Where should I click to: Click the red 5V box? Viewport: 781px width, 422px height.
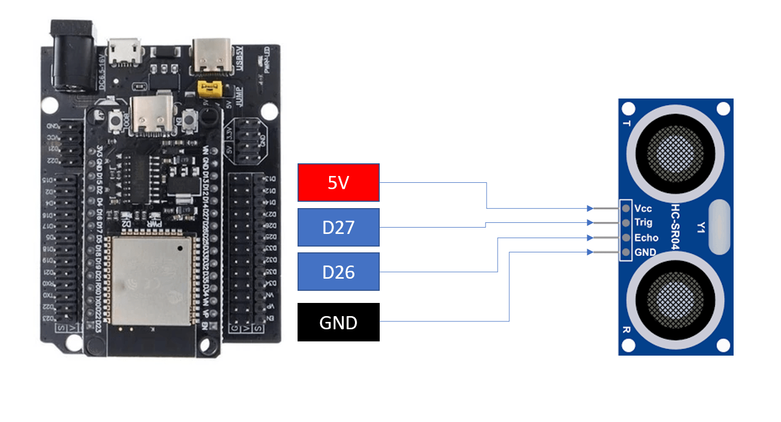[x=339, y=182]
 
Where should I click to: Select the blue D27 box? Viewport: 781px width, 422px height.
[x=339, y=228]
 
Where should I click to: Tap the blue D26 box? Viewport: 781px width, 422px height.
[x=339, y=272]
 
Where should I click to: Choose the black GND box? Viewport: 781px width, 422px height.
[x=339, y=322]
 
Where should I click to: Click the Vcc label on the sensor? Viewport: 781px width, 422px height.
[x=643, y=209]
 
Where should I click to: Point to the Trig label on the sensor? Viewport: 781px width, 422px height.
[x=644, y=223]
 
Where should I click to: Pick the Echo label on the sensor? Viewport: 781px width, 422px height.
[x=646, y=238]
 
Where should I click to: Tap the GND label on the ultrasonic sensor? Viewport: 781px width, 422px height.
[x=645, y=252]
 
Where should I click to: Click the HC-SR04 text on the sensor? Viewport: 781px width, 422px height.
[x=676, y=228]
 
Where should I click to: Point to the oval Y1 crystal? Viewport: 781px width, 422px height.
[x=719, y=227]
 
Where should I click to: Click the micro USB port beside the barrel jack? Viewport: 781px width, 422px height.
[x=125, y=51]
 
